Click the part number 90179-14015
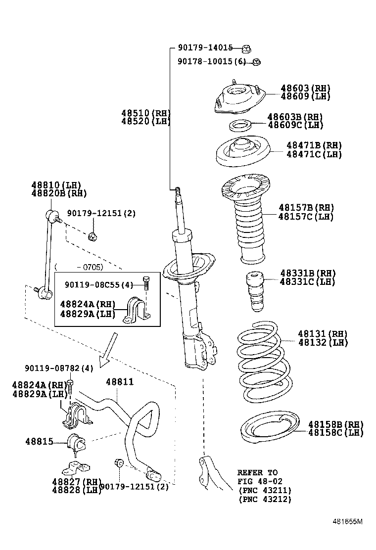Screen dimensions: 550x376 point(205,48)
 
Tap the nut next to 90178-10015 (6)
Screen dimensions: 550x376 point(256,62)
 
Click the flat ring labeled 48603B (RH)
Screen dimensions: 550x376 point(241,126)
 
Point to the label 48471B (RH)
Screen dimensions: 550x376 point(314,145)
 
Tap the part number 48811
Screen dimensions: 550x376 point(120,382)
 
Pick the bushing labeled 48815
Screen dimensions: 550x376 point(76,441)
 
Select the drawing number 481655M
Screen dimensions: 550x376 point(347,521)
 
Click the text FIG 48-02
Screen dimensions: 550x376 point(260,481)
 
